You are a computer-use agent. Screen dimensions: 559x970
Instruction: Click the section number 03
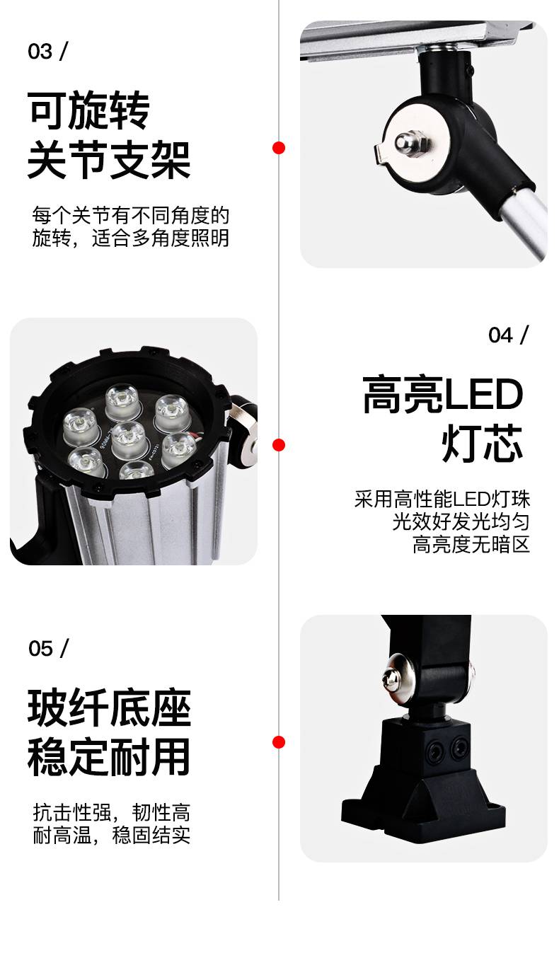pos(40,52)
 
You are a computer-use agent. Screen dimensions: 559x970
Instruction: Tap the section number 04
pos(500,335)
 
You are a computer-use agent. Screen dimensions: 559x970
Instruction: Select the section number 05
pos(41,648)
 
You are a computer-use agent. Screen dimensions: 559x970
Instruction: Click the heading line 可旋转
pos(88,110)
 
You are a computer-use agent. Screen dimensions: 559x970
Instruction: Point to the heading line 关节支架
pos(109,160)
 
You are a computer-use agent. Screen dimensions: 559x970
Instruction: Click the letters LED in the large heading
pos(484,394)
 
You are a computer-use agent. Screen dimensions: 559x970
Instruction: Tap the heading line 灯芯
pos(483,443)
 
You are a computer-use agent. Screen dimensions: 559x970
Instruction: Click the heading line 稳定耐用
pos(109,757)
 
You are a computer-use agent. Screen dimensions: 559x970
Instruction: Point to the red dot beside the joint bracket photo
pos(279,148)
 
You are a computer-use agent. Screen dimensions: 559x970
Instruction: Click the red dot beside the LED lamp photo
pos(279,445)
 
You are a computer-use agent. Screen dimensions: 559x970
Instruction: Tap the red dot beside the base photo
pos(279,742)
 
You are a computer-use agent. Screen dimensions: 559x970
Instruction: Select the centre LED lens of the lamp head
pos(129,437)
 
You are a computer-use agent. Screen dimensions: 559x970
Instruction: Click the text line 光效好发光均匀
pos(461,522)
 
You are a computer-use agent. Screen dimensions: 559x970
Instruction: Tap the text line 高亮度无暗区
pos(471,544)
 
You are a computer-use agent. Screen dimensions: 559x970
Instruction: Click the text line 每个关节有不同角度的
pos(130,215)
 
